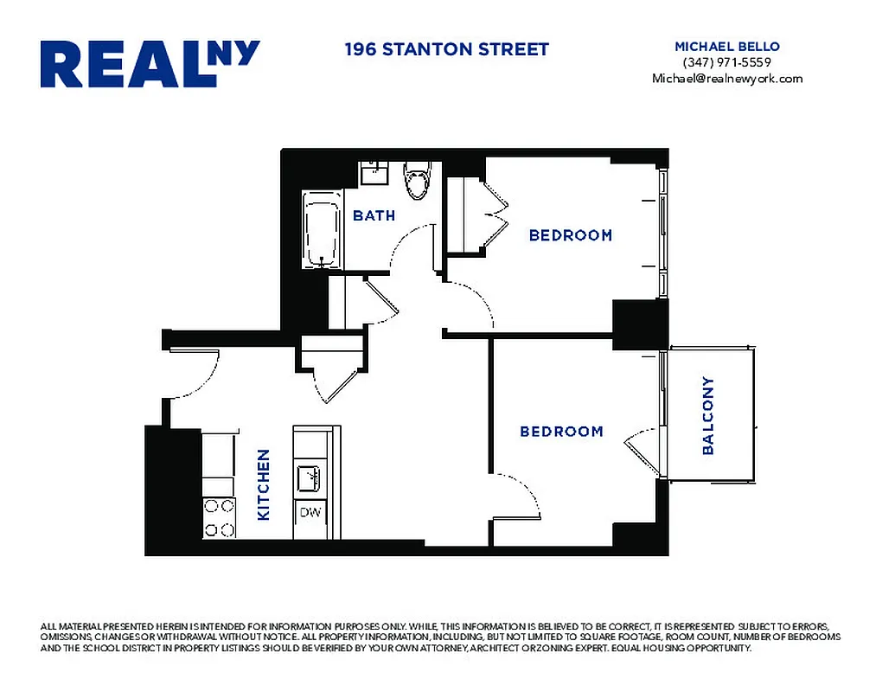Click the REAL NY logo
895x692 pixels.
[150, 64]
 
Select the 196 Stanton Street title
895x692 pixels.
[446, 49]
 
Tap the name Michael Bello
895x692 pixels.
[726, 46]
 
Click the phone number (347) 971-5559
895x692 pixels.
[726, 62]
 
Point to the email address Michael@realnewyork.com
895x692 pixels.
[726, 79]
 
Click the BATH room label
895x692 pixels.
[374, 215]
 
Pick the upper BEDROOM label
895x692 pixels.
[570, 235]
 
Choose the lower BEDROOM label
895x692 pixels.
[561, 432]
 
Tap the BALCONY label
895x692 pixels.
[708, 415]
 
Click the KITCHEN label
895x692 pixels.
[264, 484]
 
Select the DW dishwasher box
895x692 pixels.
[310, 512]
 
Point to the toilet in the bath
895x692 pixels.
[418, 179]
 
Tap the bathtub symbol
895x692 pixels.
[322, 230]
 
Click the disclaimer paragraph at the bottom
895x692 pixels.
[440, 637]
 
